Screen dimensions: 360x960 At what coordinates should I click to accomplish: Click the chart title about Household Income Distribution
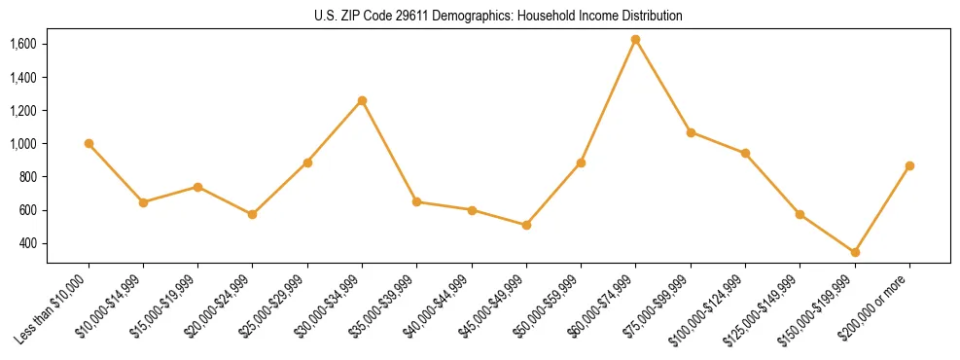click(x=498, y=16)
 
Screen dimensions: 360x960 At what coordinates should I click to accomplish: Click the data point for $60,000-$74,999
click(x=636, y=40)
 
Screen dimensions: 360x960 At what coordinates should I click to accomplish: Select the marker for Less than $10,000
click(x=89, y=144)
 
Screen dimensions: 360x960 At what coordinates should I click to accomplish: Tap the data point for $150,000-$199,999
click(x=855, y=253)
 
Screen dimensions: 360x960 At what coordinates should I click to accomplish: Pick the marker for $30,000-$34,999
click(x=362, y=100)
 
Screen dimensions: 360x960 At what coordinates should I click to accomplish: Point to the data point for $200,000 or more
click(x=909, y=166)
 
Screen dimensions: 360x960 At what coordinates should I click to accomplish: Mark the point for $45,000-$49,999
click(x=526, y=225)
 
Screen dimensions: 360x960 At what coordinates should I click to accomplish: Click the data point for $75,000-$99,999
click(x=691, y=132)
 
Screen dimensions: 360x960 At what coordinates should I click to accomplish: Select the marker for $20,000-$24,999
click(x=253, y=214)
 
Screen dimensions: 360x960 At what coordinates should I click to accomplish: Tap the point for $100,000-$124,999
click(x=745, y=153)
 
